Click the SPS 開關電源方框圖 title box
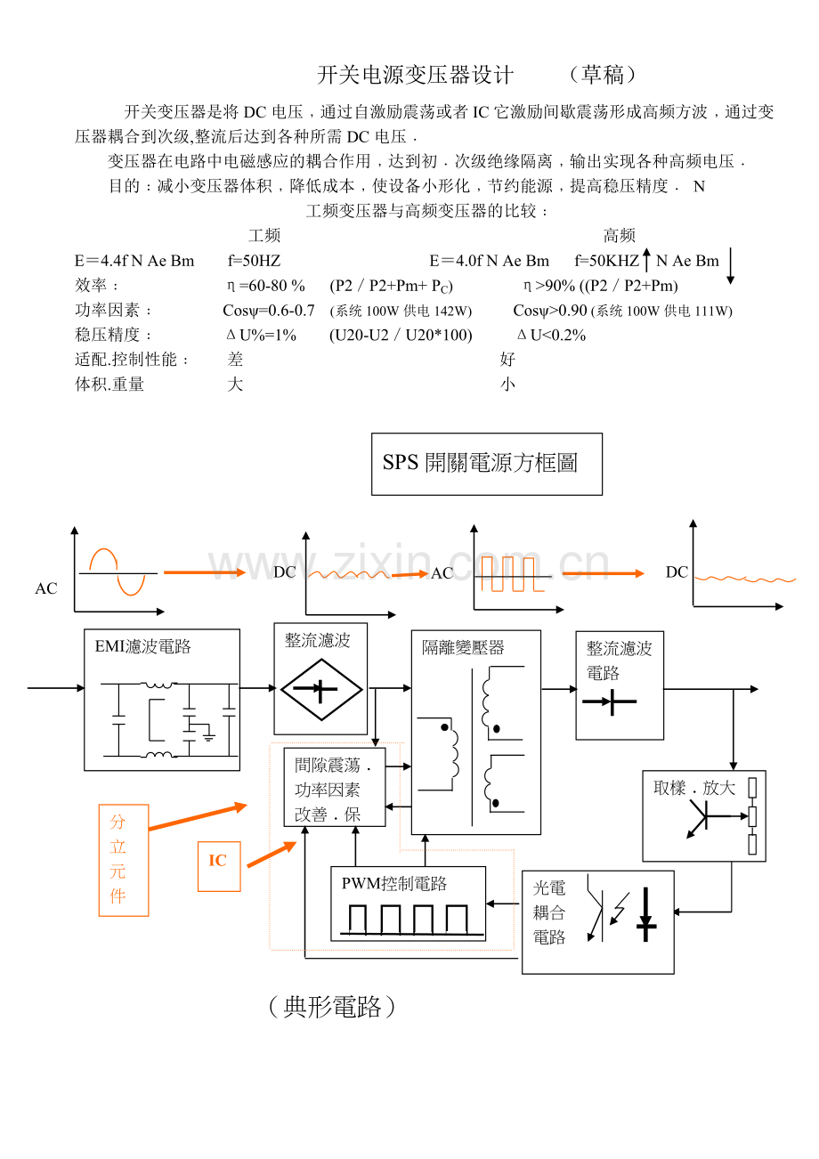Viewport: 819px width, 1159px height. (x=486, y=464)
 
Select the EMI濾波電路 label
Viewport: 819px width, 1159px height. (x=143, y=647)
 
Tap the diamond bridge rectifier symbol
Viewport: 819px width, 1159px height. (x=320, y=689)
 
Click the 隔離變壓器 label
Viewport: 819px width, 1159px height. (x=463, y=647)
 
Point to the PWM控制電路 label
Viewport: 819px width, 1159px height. (x=393, y=883)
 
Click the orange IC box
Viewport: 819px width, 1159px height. (x=218, y=861)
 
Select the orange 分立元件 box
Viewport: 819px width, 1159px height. (x=123, y=860)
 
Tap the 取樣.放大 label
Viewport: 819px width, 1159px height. (x=694, y=788)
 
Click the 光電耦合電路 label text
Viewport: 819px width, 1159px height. (x=549, y=912)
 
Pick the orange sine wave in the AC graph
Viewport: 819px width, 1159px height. (x=117, y=571)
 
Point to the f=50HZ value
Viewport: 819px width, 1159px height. (x=255, y=261)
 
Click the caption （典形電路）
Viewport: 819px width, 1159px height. (x=330, y=1007)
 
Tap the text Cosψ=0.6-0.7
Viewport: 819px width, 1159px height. (x=269, y=311)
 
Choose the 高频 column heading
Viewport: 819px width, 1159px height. (x=619, y=236)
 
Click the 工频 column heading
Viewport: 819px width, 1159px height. (x=264, y=236)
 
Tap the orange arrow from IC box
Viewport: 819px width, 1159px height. (x=272, y=854)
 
